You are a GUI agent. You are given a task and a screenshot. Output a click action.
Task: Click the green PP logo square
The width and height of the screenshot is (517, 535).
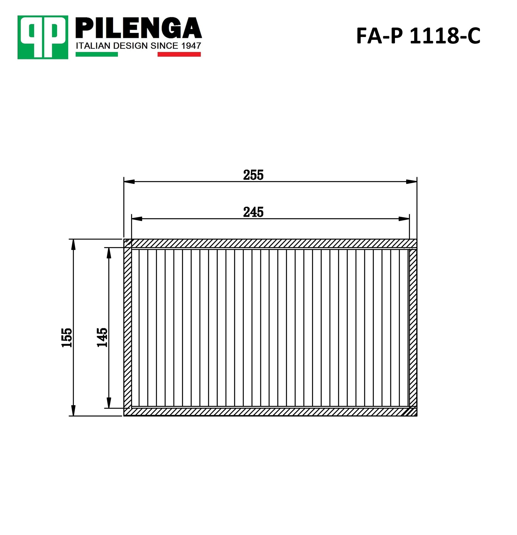43,37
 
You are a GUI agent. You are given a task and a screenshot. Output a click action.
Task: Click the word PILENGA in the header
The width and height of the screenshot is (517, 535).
139,28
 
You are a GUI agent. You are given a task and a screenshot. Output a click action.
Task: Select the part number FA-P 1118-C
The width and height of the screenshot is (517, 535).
418,36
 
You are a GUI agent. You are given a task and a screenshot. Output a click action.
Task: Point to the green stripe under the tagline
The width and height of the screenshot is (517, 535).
96,54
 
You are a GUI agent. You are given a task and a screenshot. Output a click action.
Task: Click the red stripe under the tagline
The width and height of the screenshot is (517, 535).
179,54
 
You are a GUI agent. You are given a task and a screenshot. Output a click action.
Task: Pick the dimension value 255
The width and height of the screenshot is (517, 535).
253,175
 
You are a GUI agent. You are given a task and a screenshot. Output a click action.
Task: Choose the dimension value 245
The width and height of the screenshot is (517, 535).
253,212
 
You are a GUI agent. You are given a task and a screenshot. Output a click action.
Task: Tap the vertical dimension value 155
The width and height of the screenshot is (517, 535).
67,337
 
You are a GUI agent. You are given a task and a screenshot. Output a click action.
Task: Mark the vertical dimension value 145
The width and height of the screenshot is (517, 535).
102,337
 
